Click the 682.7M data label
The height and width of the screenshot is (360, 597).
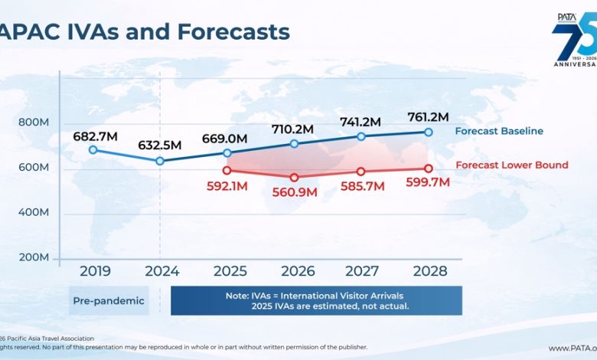[x=95, y=136]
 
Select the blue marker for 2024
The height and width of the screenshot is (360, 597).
[x=160, y=161]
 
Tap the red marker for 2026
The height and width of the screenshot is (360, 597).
[x=294, y=178]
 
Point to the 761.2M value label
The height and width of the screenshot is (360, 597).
[x=428, y=117]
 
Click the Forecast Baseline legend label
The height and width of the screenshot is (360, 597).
[x=499, y=131]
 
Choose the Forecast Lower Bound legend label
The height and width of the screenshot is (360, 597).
[x=512, y=165]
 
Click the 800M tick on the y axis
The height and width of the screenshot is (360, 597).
[x=34, y=123]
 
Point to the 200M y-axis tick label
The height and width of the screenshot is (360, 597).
[x=34, y=257]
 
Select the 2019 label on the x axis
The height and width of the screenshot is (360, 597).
[x=95, y=271]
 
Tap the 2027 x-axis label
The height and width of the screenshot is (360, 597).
[x=362, y=271]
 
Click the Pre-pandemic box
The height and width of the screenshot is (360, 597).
[x=109, y=300]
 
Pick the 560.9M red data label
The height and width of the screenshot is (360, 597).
[x=295, y=192]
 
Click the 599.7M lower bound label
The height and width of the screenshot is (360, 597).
[x=428, y=182]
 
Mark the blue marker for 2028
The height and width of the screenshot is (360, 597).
[x=429, y=133]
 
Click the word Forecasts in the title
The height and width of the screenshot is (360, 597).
[x=233, y=31]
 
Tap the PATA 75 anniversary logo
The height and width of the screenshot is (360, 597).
[x=574, y=39]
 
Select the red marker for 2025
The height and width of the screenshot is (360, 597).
[x=227, y=170]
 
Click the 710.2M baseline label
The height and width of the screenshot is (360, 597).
[x=292, y=129]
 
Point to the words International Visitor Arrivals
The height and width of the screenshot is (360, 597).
[x=341, y=296]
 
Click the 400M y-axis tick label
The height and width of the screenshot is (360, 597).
[x=34, y=212]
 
